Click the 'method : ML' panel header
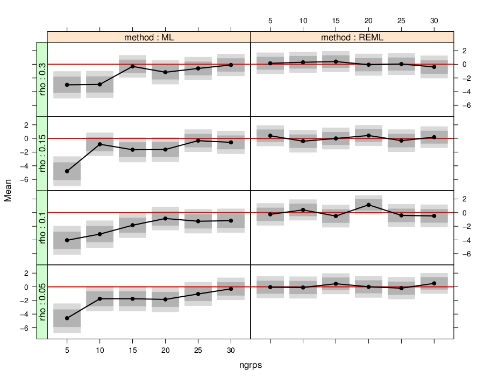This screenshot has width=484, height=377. [149, 38]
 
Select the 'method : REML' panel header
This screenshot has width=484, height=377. [352, 38]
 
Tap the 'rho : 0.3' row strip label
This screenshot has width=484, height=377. [42, 80]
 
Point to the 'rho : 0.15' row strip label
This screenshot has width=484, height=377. [42, 153]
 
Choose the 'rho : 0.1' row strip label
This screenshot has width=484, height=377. [42, 228]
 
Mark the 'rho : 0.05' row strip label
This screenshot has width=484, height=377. [42, 302]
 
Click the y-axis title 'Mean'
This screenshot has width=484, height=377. [8, 191]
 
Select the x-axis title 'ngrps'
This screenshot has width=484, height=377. [251, 365]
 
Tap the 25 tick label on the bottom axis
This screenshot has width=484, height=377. [198, 349]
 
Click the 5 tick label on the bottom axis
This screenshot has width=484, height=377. [67, 349]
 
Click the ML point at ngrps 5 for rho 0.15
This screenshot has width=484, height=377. [67, 171]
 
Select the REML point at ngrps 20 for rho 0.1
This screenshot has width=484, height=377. [368, 205]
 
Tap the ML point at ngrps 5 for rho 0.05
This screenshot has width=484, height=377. [67, 318]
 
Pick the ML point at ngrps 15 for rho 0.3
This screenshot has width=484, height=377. [132, 66]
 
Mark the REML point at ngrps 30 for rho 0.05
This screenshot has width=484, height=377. [435, 283]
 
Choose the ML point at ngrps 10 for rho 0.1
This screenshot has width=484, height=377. [99, 234]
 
